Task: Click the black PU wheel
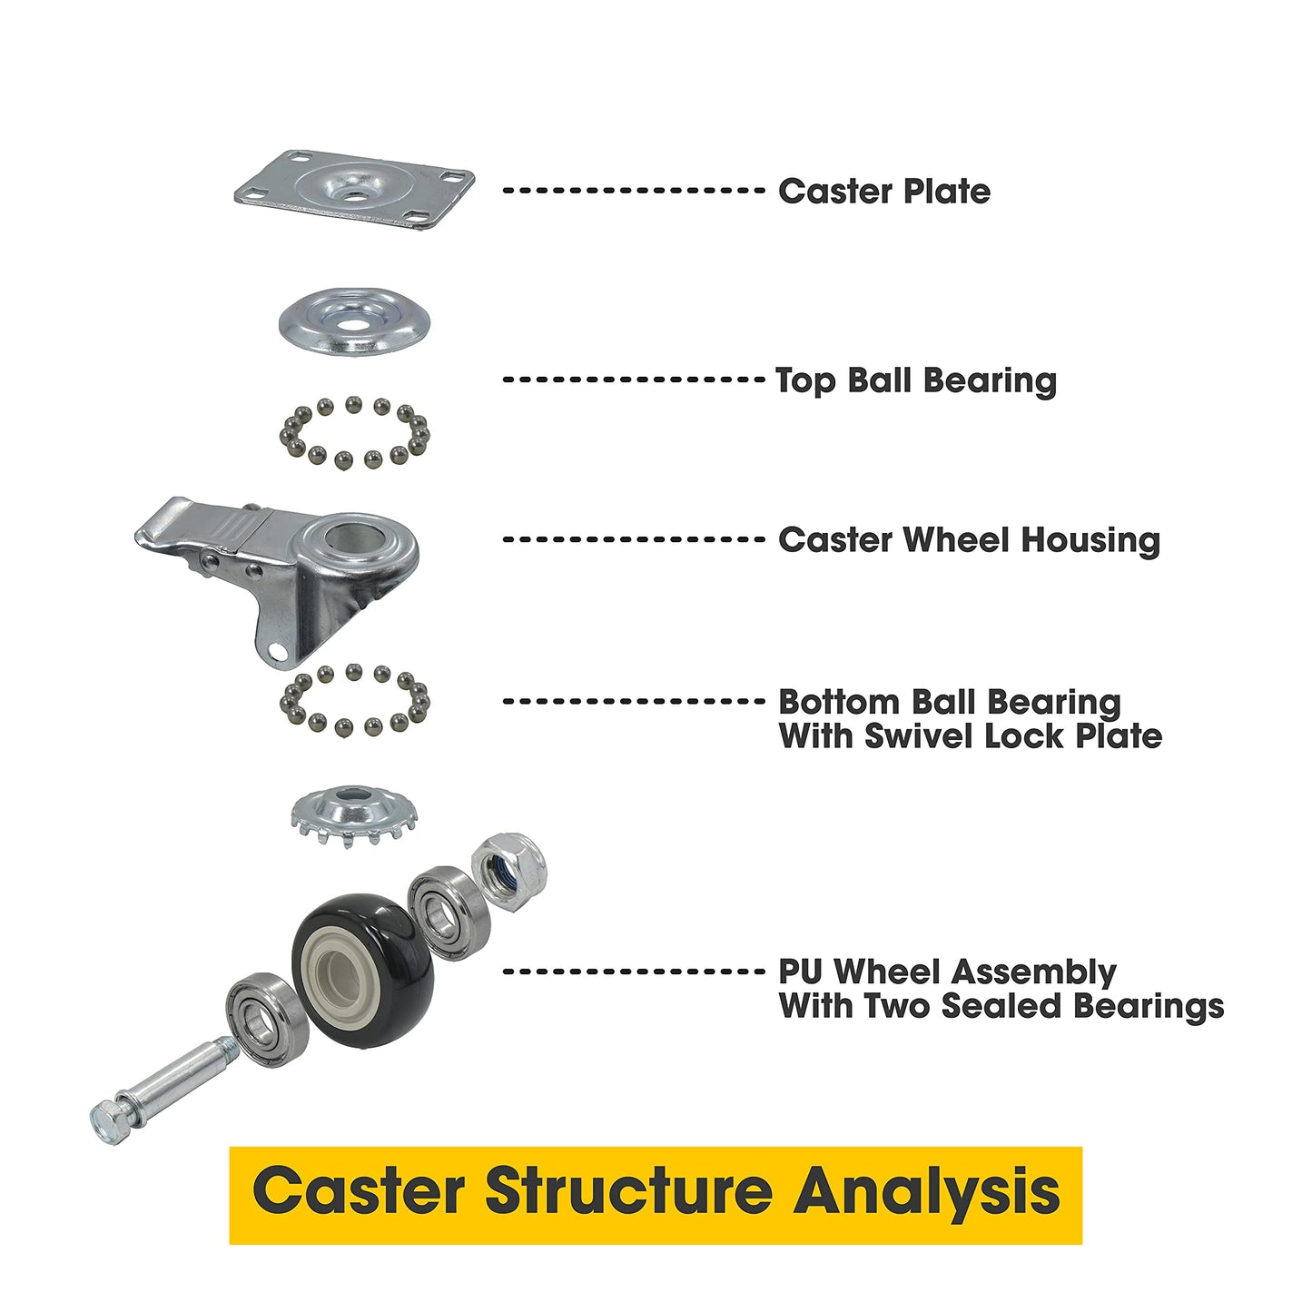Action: coord(363,970)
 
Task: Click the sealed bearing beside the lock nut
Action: coord(449,912)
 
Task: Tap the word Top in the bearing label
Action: coord(805,381)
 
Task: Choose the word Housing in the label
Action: coord(1090,540)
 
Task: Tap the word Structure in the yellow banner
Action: coord(627,1191)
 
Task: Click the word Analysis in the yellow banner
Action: coord(927,1191)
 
